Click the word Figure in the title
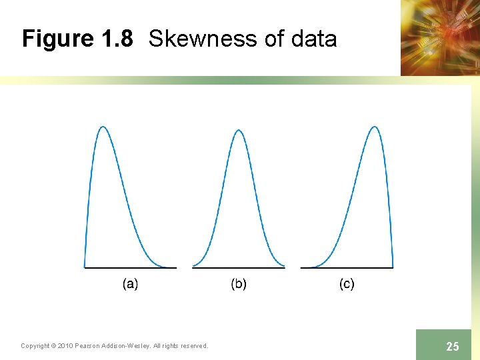pyautogui.click(x=58, y=39)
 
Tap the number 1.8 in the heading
pyautogui.click(x=117, y=39)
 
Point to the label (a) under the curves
pyautogui.click(x=131, y=284)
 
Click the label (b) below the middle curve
pyautogui.click(x=239, y=284)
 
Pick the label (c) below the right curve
pyautogui.click(x=347, y=284)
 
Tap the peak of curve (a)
pyautogui.click(x=103, y=127)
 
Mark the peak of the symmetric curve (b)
pyautogui.click(x=239, y=130)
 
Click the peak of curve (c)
pyautogui.click(x=375, y=127)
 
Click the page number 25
pyautogui.click(x=453, y=346)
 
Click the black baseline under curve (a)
pyautogui.click(x=130, y=268)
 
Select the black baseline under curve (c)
pyautogui.click(x=347, y=268)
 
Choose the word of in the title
pyautogui.click(x=275, y=39)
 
